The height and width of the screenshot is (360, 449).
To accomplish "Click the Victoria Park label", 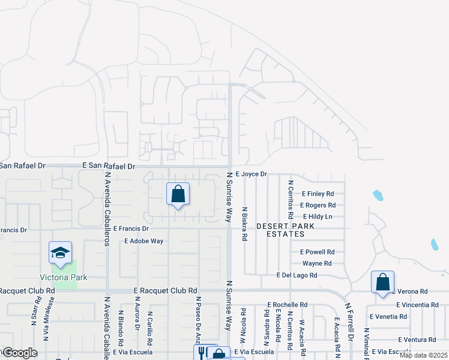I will click(64, 277).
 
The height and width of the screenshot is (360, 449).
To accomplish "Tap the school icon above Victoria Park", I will click(60, 254).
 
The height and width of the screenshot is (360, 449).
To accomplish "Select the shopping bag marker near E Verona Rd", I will click(382, 282).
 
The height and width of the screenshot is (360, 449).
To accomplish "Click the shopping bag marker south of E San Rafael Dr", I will click(178, 194).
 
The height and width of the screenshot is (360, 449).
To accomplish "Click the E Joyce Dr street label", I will click(250, 174).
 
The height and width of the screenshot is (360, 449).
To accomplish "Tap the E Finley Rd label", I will click(318, 194).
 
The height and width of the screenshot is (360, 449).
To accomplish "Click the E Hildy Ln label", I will click(318, 217).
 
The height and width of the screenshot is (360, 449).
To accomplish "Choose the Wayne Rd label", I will click(317, 263).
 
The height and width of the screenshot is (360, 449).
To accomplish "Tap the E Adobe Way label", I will click(143, 241).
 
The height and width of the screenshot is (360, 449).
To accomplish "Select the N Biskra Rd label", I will click(245, 224).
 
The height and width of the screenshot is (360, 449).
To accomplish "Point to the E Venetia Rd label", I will click(389, 316).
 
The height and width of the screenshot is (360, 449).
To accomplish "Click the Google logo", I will click(20, 353).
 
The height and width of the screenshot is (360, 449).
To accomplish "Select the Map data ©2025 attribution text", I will click(423, 355).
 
